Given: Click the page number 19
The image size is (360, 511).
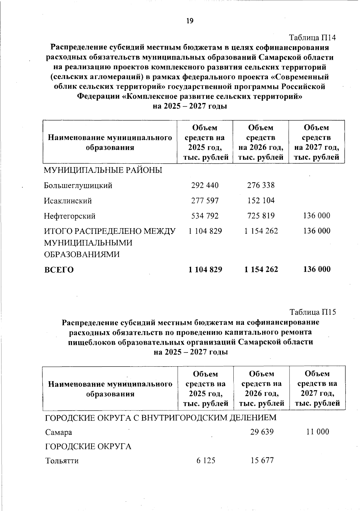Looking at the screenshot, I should (x=190, y=21).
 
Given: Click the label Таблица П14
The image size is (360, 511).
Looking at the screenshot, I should (x=312, y=38).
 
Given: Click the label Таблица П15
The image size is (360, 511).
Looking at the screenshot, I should (x=313, y=312).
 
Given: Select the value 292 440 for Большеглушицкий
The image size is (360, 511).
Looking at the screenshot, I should (x=205, y=185).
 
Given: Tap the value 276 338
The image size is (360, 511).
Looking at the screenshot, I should (x=261, y=185).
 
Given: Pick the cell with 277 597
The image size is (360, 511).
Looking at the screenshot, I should (x=205, y=201).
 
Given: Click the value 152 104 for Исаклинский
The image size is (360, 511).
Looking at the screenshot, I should (x=261, y=201).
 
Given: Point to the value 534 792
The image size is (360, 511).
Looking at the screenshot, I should (x=205, y=216).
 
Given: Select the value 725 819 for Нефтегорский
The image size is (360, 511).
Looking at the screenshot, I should (x=261, y=216).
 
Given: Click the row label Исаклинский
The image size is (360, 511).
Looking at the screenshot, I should (x=68, y=201).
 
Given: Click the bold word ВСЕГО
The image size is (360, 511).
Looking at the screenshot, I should (x=59, y=270).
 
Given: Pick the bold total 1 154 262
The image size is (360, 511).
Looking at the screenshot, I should (x=261, y=270).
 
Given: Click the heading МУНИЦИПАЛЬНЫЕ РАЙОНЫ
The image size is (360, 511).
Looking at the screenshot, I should (x=103, y=171).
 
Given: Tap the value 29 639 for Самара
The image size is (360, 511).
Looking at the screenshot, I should (x=262, y=432).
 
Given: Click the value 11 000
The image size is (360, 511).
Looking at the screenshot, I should (x=318, y=432).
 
